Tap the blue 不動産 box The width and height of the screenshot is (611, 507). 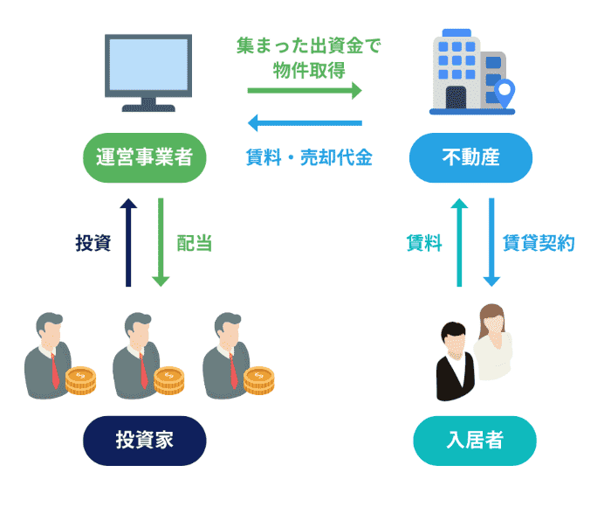point(470,157)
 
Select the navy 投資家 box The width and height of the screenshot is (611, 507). point(145,440)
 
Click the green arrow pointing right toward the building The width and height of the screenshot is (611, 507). point(304,90)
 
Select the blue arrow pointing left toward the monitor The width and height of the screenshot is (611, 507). point(304,122)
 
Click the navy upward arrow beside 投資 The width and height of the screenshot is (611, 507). point(128,242)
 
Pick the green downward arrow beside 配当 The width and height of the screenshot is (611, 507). point(161,242)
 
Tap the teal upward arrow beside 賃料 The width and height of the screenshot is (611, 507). point(458,242)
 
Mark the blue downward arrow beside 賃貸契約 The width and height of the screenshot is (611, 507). point(491,242)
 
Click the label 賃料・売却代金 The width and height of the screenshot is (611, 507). point(309,158)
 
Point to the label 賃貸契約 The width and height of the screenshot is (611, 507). point(539,244)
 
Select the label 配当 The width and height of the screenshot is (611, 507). point(194,244)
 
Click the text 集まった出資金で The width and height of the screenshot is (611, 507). point(309,45)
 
